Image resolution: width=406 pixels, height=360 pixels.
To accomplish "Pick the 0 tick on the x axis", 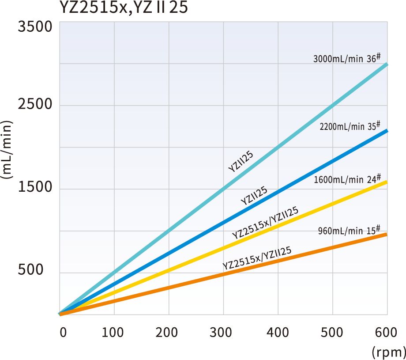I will [63, 332].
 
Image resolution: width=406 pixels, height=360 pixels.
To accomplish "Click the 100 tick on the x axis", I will [114, 332].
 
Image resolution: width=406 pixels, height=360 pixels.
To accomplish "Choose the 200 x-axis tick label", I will [169, 332].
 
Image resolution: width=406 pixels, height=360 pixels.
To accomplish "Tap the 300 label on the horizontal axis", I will [223, 332].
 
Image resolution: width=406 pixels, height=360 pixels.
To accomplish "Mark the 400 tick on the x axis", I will [278, 332].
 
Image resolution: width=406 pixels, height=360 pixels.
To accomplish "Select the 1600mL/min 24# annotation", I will [347, 179].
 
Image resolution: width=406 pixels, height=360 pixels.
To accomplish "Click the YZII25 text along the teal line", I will [241, 161].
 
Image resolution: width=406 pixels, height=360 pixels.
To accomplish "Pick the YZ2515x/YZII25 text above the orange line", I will [257, 258].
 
